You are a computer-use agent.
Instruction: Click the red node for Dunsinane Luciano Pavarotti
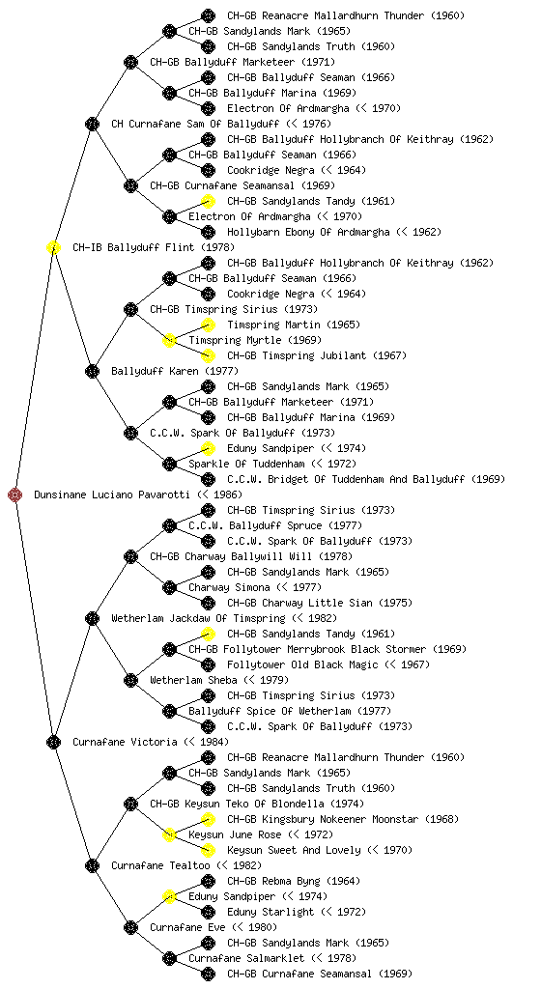click(15, 494)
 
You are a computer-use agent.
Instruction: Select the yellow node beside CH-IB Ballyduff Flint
click(53, 247)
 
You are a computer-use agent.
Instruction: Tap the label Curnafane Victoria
click(125, 742)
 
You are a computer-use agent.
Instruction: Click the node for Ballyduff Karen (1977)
click(92, 371)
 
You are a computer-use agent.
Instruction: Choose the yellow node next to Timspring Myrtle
click(169, 340)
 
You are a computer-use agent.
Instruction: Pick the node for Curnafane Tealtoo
click(92, 865)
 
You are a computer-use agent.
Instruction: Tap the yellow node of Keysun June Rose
click(169, 834)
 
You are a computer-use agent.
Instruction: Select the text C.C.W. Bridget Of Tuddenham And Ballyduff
click(346, 479)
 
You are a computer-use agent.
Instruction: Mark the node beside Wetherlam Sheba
click(130, 680)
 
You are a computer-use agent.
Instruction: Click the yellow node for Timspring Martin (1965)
click(208, 325)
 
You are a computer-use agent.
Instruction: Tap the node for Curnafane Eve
click(130, 927)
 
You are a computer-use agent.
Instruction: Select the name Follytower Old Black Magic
click(302, 664)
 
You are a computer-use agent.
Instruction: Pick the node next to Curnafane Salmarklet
click(169, 958)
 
